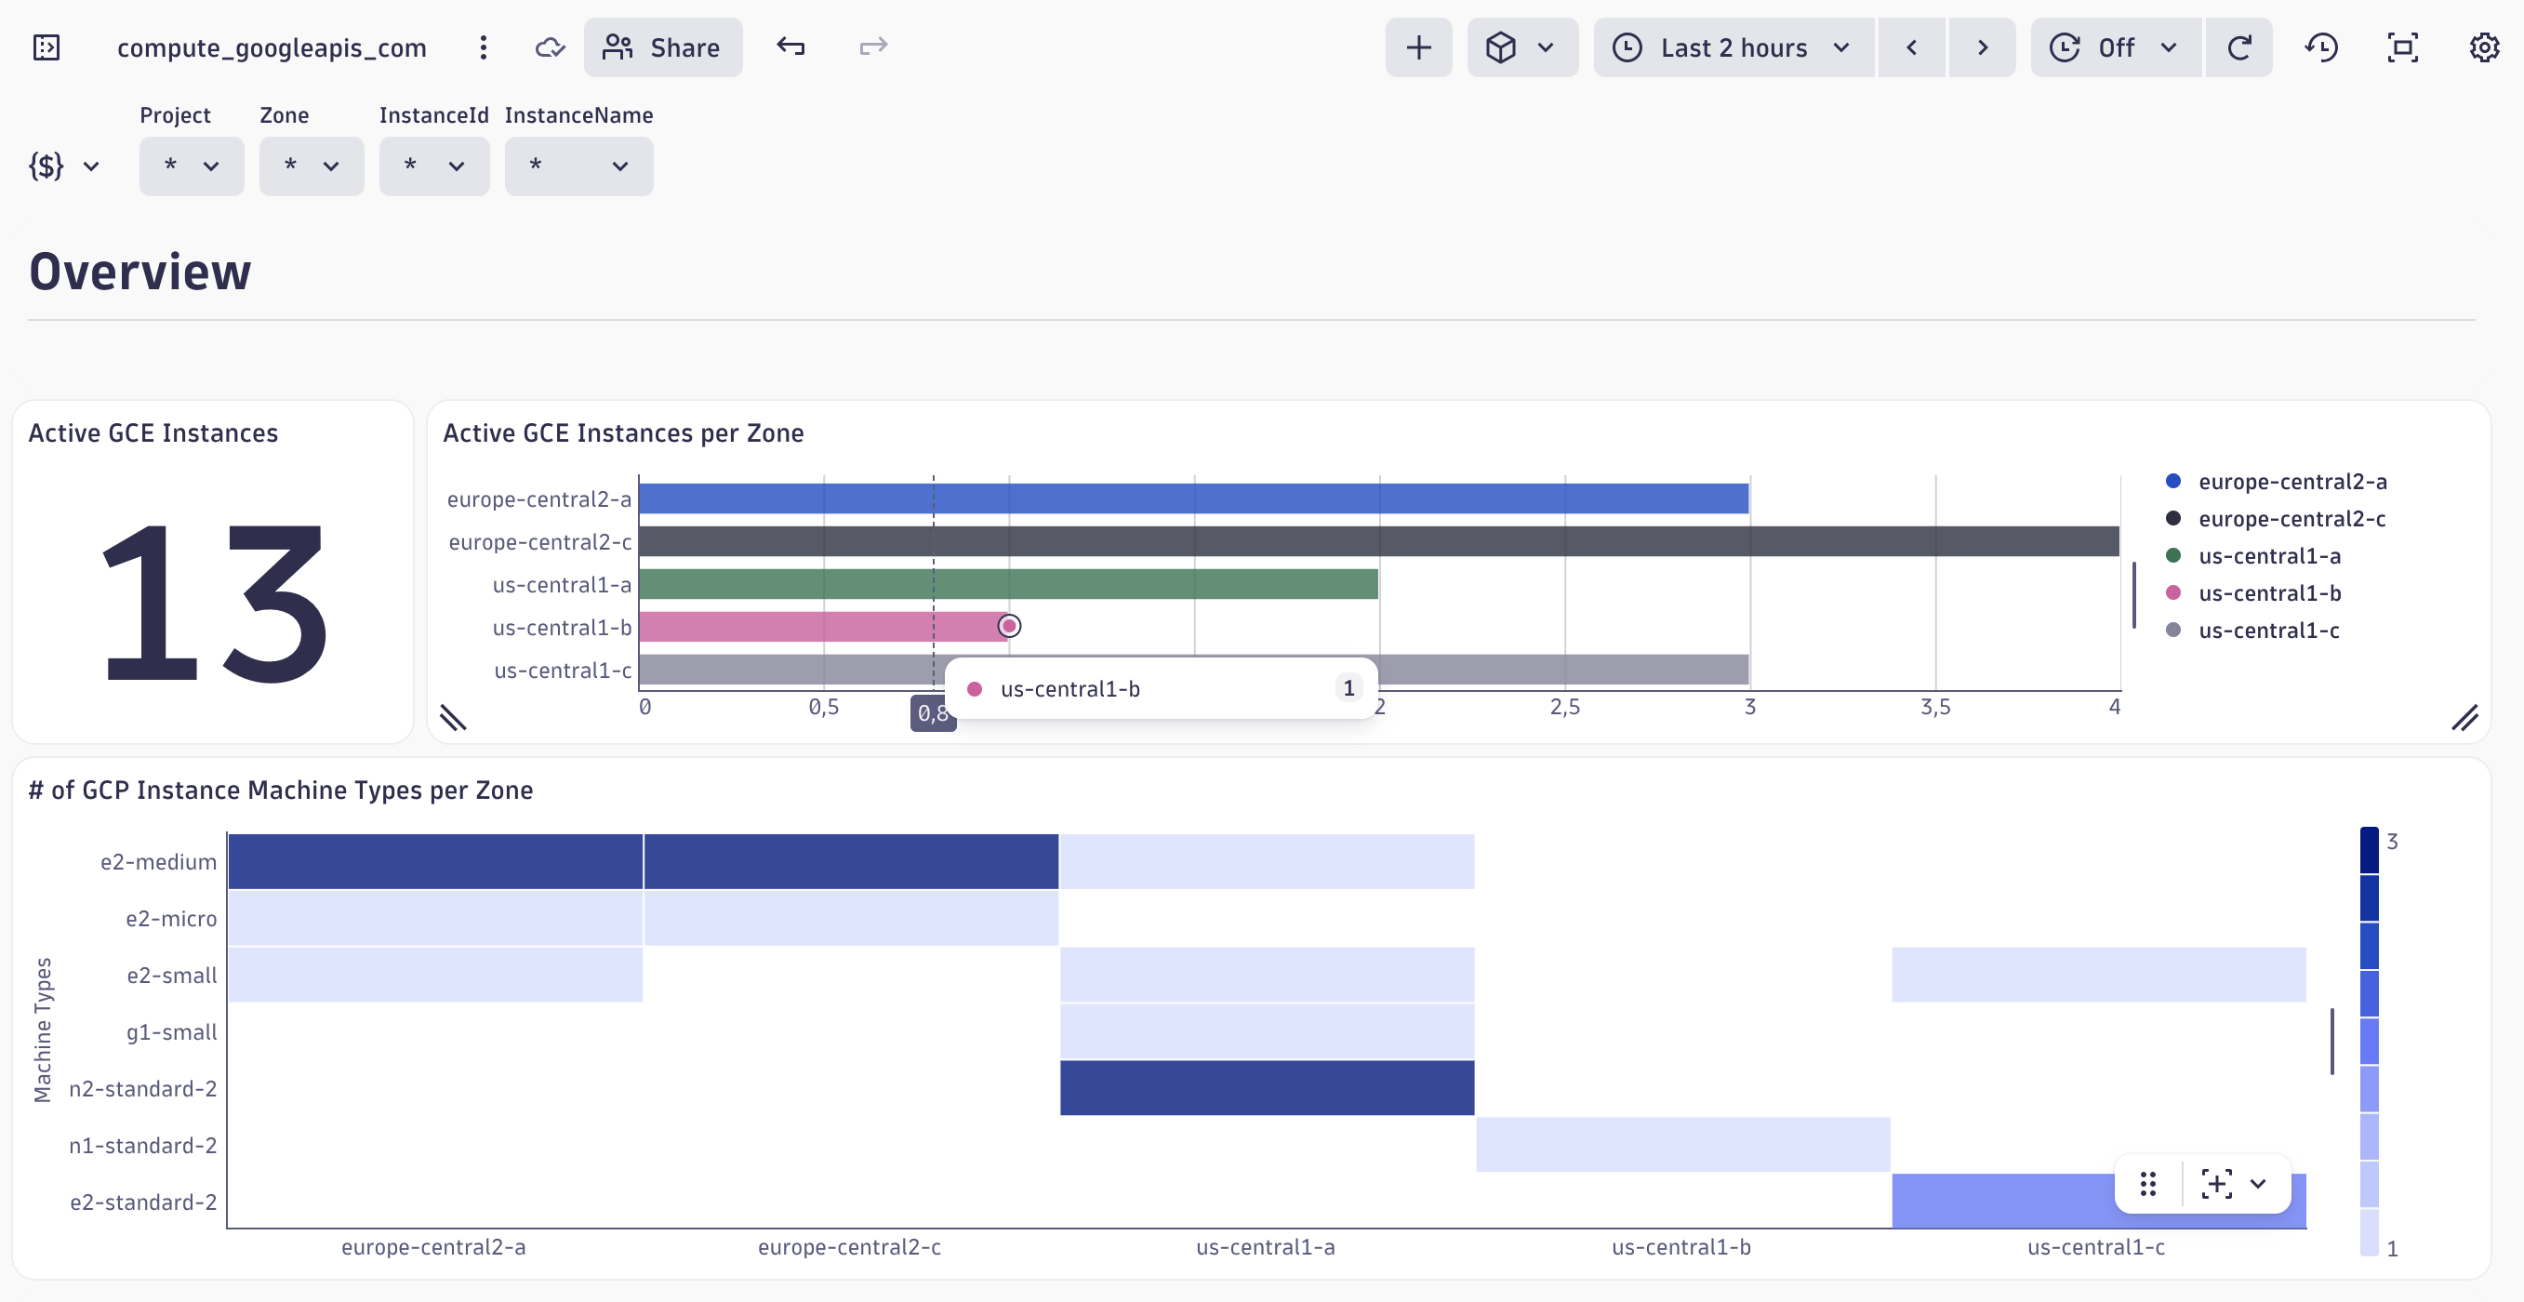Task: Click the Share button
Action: [662, 47]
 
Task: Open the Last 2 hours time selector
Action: [1733, 47]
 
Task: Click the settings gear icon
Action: [2483, 47]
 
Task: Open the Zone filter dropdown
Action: [311, 166]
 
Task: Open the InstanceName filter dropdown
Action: [578, 166]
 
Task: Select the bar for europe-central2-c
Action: [1372, 542]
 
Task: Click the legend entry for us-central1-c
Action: [2267, 631]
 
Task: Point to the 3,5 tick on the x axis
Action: [1934, 708]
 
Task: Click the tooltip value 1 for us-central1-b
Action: [1348, 689]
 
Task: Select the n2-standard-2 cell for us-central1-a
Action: [1266, 1087]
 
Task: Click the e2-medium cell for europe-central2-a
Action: [435, 862]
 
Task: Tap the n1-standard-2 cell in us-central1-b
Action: [1681, 1144]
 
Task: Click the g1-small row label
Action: [171, 1032]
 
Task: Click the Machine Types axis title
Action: [42, 1030]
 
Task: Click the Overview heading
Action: [140, 272]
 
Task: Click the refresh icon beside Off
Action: [2238, 47]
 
